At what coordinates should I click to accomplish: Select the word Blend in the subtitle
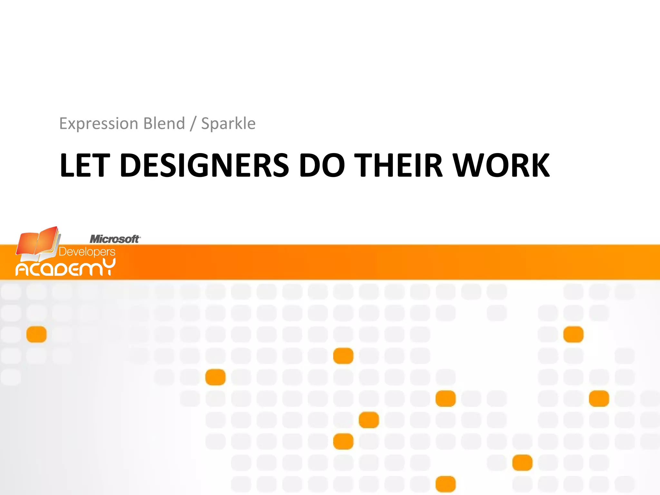tap(164, 123)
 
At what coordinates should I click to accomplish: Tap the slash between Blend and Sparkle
tap(193, 124)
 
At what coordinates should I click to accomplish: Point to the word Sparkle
tap(228, 123)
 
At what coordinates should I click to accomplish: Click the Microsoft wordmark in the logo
tap(114, 239)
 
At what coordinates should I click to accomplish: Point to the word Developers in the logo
tap(87, 252)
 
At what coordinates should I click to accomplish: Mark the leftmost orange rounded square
tap(36, 334)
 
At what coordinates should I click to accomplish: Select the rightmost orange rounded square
tap(599, 399)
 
